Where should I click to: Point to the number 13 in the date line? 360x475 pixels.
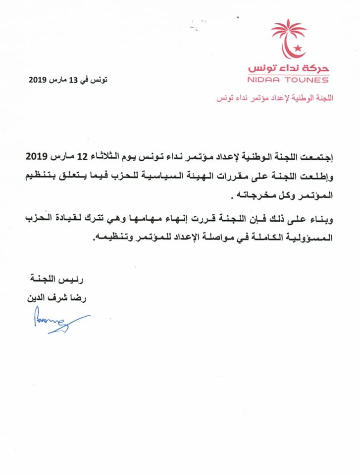pos(73,79)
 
